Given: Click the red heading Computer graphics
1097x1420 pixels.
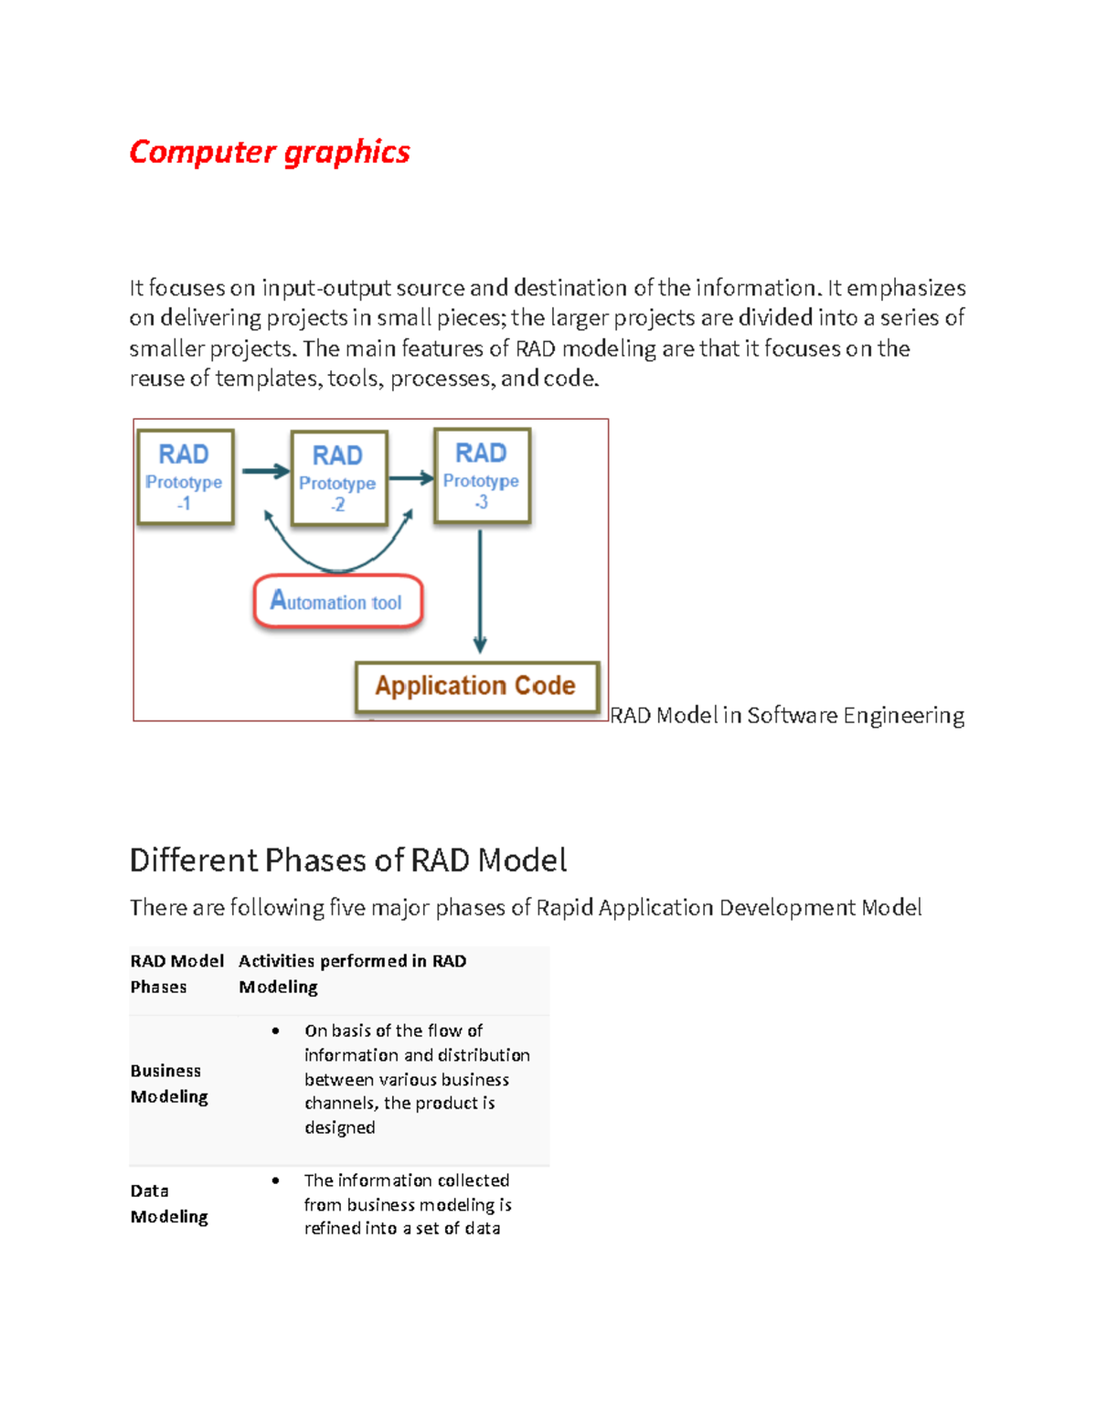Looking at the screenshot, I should click(x=270, y=152).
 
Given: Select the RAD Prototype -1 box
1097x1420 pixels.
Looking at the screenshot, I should click(x=186, y=476).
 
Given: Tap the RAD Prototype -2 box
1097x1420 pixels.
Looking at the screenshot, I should click(x=338, y=478).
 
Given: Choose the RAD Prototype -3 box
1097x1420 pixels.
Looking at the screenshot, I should click(x=482, y=475).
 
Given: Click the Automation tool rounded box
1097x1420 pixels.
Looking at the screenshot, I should click(x=337, y=602).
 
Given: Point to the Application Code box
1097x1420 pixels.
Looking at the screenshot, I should click(x=476, y=686).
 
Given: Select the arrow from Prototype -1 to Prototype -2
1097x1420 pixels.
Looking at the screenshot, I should click(x=265, y=472).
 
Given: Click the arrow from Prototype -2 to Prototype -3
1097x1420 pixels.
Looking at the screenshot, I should click(x=410, y=477).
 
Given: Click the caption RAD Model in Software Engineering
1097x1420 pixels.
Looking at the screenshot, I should click(x=787, y=715).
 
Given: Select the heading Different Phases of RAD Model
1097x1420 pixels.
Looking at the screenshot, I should click(x=348, y=860).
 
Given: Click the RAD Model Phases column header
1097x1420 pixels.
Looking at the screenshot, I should click(x=176, y=974).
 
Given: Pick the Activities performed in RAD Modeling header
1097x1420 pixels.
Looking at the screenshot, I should click(x=352, y=974).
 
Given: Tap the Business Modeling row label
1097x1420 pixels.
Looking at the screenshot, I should click(x=169, y=1084).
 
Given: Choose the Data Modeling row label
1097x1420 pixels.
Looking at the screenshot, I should click(x=169, y=1203).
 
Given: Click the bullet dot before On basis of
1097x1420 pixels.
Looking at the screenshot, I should click(x=275, y=1030).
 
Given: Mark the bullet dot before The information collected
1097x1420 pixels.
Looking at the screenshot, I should click(x=275, y=1180).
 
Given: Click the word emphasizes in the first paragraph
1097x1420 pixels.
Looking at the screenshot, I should click(x=906, y=288).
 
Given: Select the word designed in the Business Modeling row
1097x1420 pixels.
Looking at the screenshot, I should click(x=340, y=1127).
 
